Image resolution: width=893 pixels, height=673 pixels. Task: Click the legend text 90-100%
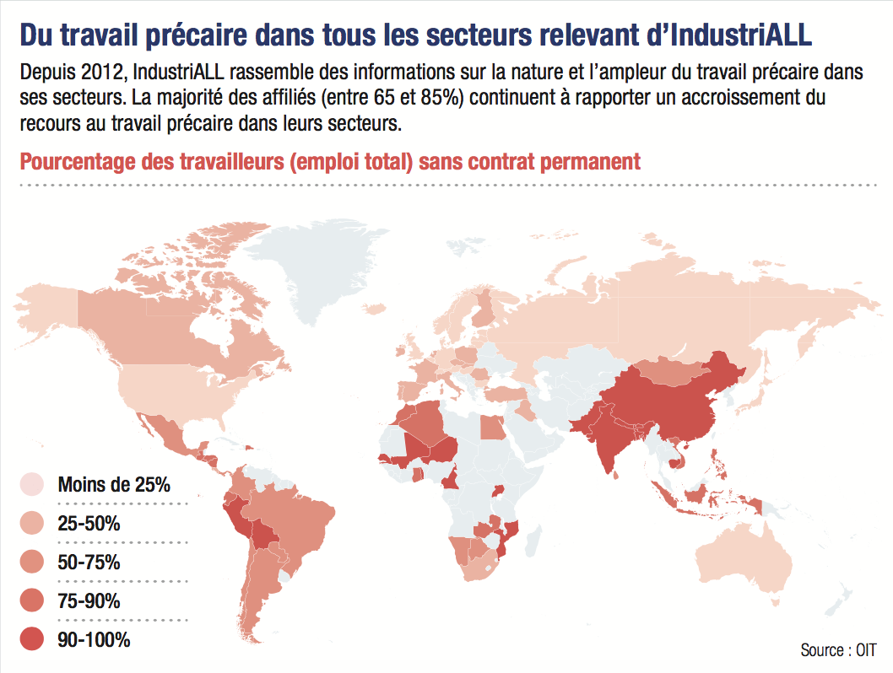pos(94,640)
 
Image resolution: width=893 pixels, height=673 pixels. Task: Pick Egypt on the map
pos(493,427)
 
